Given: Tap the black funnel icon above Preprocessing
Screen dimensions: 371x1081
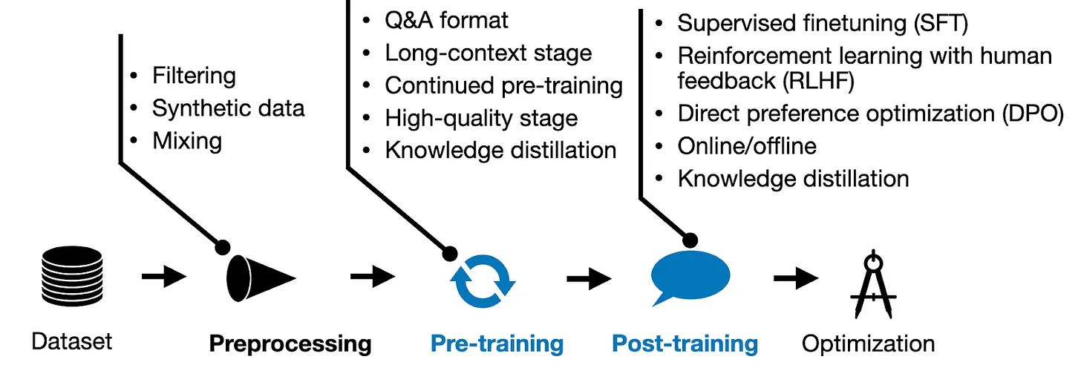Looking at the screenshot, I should [x=259, y=279].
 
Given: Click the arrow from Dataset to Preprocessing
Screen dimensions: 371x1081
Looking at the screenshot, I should [x=163, y=278].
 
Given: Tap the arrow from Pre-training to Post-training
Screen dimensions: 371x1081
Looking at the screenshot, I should [x=589, y=280].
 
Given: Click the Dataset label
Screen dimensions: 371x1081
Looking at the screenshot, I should [x=71, y=341].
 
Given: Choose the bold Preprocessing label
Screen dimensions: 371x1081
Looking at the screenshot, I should [x=290, y=344].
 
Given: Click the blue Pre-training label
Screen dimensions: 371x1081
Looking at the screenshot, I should [x=497, y=344].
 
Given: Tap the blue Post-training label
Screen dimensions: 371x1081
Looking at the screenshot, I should [x=685, y=344].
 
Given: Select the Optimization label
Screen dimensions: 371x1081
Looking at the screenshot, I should [x=868, y=344].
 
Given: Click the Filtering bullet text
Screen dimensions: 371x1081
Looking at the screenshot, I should [x=194, y=76].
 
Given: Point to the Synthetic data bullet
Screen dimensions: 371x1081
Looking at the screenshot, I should [x=228, y=108].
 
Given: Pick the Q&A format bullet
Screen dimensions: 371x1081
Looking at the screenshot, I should [x=446, y=20].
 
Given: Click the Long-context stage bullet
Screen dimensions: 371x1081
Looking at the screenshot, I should [x=488, y=53].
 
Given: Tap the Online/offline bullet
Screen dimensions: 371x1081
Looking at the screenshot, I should [x=747, y=146].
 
